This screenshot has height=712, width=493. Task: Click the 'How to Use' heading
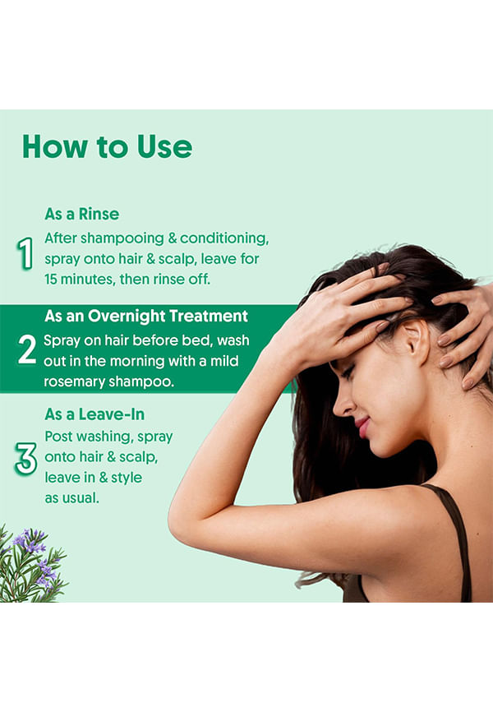[107, 146]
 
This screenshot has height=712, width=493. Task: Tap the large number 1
[25, 253]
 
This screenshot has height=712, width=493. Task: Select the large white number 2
[27, 349]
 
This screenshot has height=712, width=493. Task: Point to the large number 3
[25, 459]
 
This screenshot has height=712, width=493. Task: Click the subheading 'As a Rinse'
[81, 214]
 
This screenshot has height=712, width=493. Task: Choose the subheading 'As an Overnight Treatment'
[146, 316]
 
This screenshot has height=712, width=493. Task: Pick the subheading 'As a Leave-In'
[94, 414]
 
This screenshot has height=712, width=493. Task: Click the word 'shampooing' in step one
[122, 238]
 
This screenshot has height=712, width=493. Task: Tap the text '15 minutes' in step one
[80, 279]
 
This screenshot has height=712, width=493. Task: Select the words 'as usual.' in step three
[71, 498]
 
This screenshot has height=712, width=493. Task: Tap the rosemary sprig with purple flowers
[32, 565]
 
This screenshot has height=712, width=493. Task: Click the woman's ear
[417, 341]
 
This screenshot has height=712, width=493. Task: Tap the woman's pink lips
[363, 428]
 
